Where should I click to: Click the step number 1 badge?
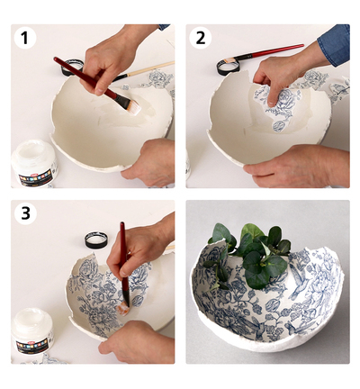tap(24, 38)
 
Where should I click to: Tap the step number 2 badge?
tap(201, 38)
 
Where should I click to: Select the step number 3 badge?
tap(25, 213)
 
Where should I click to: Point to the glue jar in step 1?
tap(34, 163)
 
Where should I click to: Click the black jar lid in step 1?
tap(73, 68)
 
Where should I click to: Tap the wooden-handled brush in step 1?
tap(143, 71)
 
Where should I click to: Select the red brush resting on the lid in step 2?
tap(260, 53)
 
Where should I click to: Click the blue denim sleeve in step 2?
tap(335, 45)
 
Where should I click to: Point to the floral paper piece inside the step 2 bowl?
tap(277, 107)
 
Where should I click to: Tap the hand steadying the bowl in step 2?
tap(298, 167)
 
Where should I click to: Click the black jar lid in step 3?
tap(96, 240)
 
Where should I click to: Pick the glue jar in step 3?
tap(32, 331)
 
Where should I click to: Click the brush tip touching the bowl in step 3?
tap(123, 308)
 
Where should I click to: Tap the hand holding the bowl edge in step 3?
tap(137, 342)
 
